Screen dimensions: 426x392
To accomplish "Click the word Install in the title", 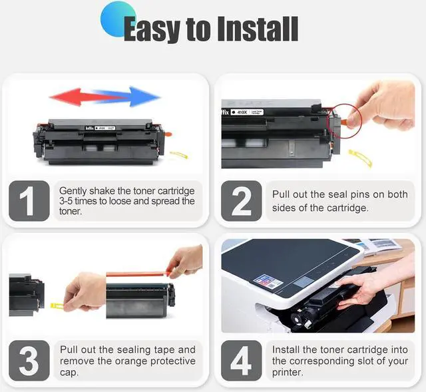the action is [x=258, y=29].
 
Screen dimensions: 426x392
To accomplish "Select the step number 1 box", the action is [x=29, y=201].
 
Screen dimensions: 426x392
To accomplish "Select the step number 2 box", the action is [x=241, y=201].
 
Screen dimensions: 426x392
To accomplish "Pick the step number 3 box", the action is [x=29, y=361].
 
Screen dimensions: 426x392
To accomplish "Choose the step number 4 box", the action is [x=241, y=361].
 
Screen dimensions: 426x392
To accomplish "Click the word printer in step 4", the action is [x=287, y=373].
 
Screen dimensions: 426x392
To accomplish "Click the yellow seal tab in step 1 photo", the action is [x=179, y=155].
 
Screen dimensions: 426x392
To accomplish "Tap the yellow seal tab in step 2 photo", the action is [x=361, y=158].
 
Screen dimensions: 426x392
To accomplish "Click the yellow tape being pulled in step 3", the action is [x=57, y=306].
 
